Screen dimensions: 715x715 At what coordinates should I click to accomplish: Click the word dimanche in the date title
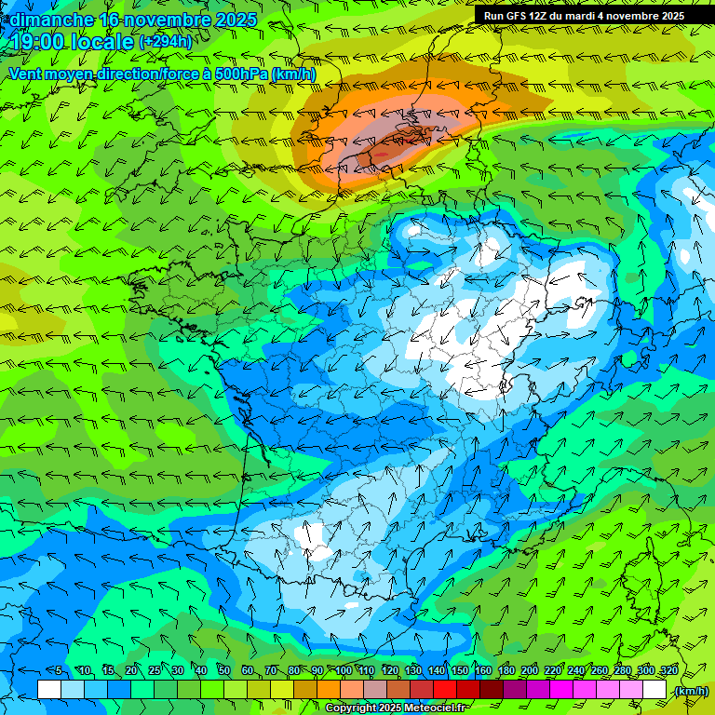[52, 20]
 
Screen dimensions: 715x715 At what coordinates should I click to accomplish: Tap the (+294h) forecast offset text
[165, 42]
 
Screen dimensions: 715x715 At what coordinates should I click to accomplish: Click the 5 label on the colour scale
[59, 671]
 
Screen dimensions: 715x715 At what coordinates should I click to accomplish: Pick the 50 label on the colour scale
[223, 671]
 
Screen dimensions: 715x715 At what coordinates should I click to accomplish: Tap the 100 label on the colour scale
[344, 671]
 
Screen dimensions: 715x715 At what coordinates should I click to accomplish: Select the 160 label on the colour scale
[482, 671]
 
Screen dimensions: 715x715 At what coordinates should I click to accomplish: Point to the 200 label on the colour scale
[530, 671]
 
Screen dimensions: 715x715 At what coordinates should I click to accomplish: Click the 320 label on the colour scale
[668, 671]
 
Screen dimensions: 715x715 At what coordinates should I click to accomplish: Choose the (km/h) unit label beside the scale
[691, 691]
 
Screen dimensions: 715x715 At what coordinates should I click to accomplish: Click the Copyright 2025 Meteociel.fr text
[396, 708]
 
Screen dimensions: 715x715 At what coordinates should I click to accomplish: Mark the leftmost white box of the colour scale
[49, 689]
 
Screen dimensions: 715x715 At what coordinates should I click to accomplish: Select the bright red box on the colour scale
[445, 689]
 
